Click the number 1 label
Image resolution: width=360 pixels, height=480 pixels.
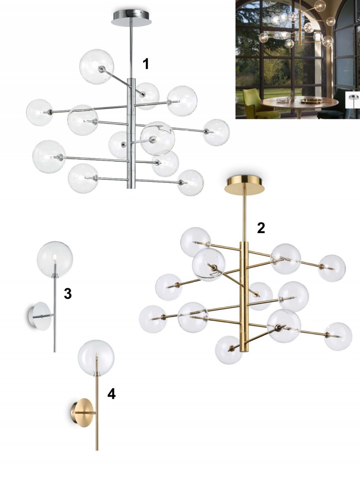(x=146, y=64)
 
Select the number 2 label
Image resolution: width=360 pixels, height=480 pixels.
(x=261, y=228)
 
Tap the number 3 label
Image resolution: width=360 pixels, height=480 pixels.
(x=67, y=293)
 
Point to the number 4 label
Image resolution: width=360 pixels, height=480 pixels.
(x=112, y=394)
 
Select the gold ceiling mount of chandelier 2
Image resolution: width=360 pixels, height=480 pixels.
(x=245, y=184)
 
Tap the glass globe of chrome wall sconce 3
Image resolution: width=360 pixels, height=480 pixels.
(x=55, y=260)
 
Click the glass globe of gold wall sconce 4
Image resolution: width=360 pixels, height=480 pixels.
(x=96, y=358)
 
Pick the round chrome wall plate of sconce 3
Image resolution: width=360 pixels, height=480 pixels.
(x=40, y=316)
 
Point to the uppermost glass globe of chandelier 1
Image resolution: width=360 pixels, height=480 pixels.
(x=96, y=66)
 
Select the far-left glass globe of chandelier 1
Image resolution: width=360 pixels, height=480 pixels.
(x=40, y=112)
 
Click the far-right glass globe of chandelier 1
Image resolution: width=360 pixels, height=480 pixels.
(x=216, y=132)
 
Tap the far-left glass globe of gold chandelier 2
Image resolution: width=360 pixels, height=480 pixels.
(x=153, y=319)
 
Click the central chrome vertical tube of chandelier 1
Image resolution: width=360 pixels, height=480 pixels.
(x=131, y=133)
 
